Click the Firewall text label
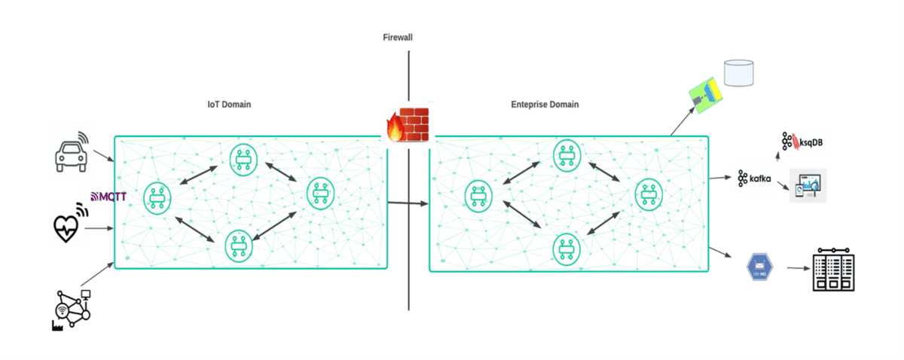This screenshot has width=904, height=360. [398, 37]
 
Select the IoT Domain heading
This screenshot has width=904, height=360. [229, 105]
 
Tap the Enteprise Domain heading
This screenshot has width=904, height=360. [545, 105]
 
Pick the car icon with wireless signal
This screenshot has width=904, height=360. [72, 153]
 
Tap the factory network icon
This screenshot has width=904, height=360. [72, 309]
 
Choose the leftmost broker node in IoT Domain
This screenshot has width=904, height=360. [157, 197]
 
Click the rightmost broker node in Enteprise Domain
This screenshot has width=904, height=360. [648, 194]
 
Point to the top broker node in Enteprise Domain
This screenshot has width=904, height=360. [567, 155]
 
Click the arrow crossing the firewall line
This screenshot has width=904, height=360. [407, 203]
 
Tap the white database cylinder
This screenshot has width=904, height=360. [738, 72]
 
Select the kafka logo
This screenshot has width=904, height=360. [754, 178]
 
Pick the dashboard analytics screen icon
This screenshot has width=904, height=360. [807, 185]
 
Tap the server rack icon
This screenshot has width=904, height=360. [834, 268]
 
